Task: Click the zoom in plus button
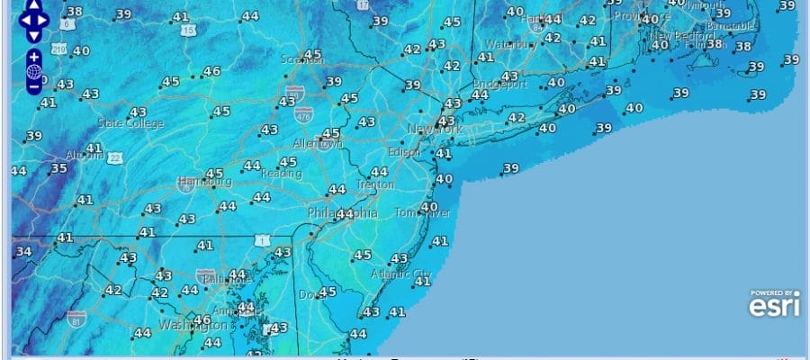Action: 33,57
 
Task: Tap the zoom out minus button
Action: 33,87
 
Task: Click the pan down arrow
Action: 33,36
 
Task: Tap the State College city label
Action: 130,123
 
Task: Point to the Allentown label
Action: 317,144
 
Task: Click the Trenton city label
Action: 374,184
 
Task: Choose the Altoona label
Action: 85,155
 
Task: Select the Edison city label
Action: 404,152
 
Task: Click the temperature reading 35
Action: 58,168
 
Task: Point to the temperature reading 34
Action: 23,251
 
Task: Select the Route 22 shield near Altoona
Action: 114,158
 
